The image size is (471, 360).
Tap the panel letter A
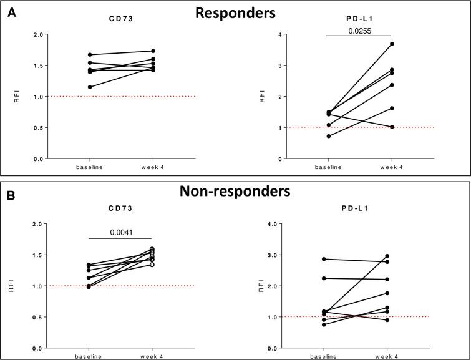[11, 12]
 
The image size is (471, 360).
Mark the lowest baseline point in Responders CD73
[90, 87]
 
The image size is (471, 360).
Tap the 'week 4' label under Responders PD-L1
[391, 167]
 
